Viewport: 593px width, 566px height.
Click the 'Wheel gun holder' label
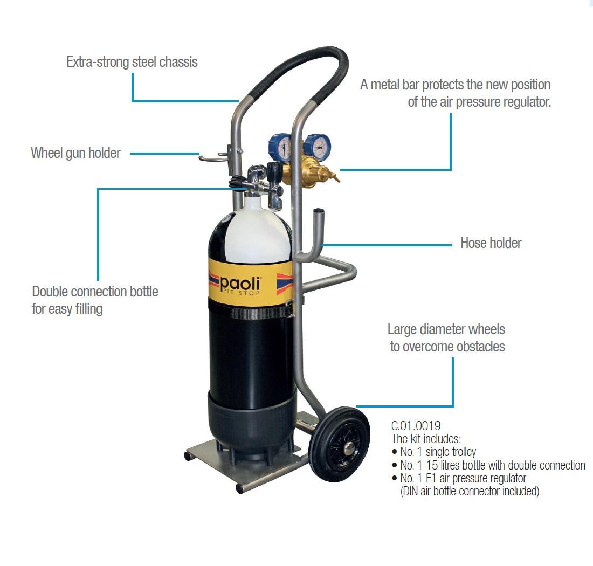[x=75, y=153]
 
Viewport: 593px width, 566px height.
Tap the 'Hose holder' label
[x=491, y=243]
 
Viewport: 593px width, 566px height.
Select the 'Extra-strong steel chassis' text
[x=132, y=62]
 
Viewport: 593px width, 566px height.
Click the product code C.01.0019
[x=416, y=426]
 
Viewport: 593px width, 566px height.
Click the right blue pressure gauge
[x=318, y=147]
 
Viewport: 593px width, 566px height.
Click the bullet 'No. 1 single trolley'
[x=434, y=452]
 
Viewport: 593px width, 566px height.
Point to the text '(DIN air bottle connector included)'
[x=470, y=491]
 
